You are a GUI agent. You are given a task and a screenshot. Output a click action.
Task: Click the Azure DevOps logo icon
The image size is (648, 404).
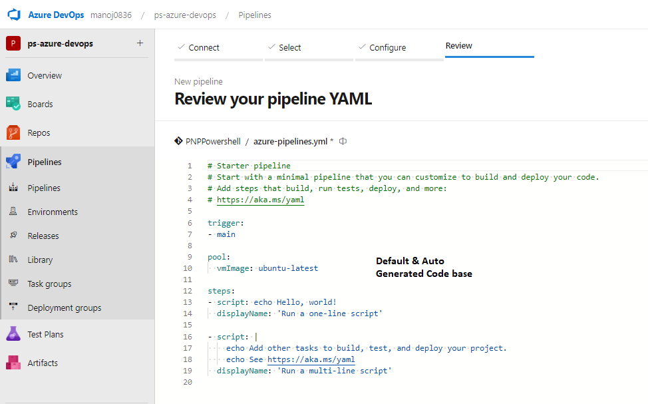(x=14, y=15)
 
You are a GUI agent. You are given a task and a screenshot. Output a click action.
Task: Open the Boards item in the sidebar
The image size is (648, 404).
(x=40, y=104)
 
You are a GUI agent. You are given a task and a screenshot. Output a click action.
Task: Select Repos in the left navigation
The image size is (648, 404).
(x=39, y=132)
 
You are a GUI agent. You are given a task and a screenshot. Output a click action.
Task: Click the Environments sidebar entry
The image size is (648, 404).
(x=53, y=212)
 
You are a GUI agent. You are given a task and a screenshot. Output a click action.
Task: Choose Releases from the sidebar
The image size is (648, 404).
(x=43, y=236)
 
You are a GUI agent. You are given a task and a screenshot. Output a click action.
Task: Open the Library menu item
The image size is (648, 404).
(x=40, y=260)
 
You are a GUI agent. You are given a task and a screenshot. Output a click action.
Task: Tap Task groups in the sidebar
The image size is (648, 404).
(x=50, y=284)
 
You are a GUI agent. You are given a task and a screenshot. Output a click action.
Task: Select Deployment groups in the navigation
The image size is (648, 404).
(x=65, y=307)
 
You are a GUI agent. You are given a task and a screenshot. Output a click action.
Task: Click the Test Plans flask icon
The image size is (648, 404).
(x=13, y=333)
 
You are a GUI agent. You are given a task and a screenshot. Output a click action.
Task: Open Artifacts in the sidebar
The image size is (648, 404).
(x=43, y=363)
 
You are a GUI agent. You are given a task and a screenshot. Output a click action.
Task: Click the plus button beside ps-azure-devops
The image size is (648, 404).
(x=140, y=43)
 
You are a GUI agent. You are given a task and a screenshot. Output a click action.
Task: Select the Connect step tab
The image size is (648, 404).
(x=204, y=47)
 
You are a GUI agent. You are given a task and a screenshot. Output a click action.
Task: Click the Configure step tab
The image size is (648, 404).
(x=388, y=47)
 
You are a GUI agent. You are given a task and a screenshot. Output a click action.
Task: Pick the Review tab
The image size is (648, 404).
(x=459, y=45)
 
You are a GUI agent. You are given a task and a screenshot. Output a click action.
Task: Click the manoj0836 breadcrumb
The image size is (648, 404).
(x=111, y=15)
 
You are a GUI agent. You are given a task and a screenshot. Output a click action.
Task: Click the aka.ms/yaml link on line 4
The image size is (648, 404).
(x=260, y=200)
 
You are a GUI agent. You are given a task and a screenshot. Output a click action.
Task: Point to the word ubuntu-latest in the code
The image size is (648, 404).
(x=289, y=268)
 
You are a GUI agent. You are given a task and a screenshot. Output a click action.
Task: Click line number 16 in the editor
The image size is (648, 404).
(x=188, y=337)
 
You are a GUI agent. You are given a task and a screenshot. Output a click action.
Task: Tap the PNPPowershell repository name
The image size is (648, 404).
(x=213, y=141)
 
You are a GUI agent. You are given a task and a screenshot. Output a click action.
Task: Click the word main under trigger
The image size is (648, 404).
(x=226, y=234)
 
